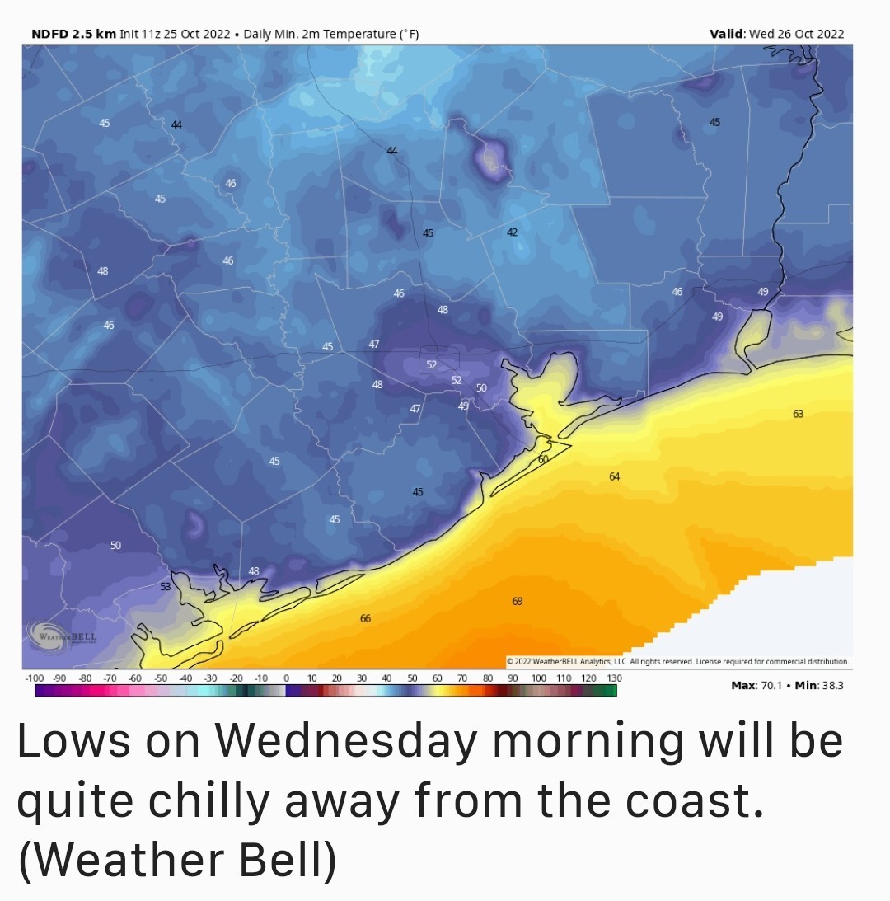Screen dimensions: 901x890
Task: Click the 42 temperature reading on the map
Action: (x=512, y=233)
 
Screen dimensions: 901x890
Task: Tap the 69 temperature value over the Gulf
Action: (x=517, y=602)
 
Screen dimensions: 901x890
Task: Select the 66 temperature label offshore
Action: (x=365, y=618)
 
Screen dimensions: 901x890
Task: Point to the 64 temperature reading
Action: (x=614, y=476)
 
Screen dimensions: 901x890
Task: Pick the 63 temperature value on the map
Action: (x=798, y=414)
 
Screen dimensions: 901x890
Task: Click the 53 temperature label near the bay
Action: (x=165, y=586)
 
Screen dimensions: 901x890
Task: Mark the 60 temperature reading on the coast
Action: (x=543, y=459)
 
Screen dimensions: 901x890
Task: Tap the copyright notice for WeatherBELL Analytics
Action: (x=678, y=661)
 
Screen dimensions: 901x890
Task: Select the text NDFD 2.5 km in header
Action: (x=73, y=34)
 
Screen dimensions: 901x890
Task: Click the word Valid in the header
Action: (x=727, y=34)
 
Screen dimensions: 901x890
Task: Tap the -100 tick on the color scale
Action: (x=35, y=678)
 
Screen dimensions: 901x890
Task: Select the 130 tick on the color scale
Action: (x=613, y=678)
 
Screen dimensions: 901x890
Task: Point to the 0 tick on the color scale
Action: (x=286, y=678)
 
